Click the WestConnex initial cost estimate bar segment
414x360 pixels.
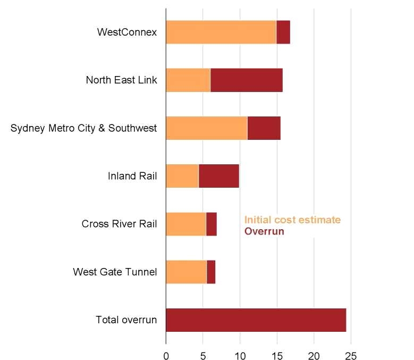pos(221,32)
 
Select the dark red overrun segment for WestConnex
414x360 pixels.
pos(283,32)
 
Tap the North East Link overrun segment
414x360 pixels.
pos(247,80)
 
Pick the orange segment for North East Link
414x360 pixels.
pos(188,80)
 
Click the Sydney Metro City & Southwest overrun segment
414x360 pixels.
pos(264,128)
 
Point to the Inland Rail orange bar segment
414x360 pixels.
pos(182,176)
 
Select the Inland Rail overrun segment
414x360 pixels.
pos(219,176)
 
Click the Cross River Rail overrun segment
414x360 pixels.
pos(212,224)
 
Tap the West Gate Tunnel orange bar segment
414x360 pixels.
pos(186,272)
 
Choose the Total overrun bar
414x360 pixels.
pos(256,320)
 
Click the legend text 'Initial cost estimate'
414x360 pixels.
pos(292,220)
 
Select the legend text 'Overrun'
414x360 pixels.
pos(264,232)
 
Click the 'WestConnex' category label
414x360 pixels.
pos(127,32)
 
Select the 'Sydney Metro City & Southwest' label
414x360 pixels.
pos(83,128)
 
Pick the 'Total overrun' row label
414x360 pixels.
pos(126,320)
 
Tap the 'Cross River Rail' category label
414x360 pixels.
pos(119,224)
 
